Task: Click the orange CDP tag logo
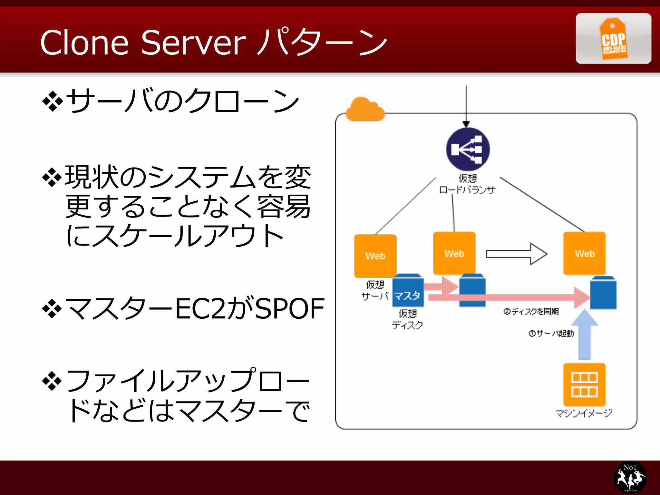[613, 39]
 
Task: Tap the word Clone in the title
[84, 43]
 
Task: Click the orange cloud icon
[365, 110]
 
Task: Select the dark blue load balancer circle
[468, 150]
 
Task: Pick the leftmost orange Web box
[375, 256]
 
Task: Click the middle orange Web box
[454, 253]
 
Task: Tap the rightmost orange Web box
[584, 253]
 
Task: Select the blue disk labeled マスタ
[408, 291]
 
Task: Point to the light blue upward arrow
[584, 335]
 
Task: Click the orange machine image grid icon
[584, 384]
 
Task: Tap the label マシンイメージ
[584, 413]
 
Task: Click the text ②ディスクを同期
[531, 311]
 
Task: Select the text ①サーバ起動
[551, 333]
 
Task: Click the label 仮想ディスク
[407, 319]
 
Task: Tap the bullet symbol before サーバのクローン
[52, 102]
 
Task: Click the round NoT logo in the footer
[630, 477]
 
